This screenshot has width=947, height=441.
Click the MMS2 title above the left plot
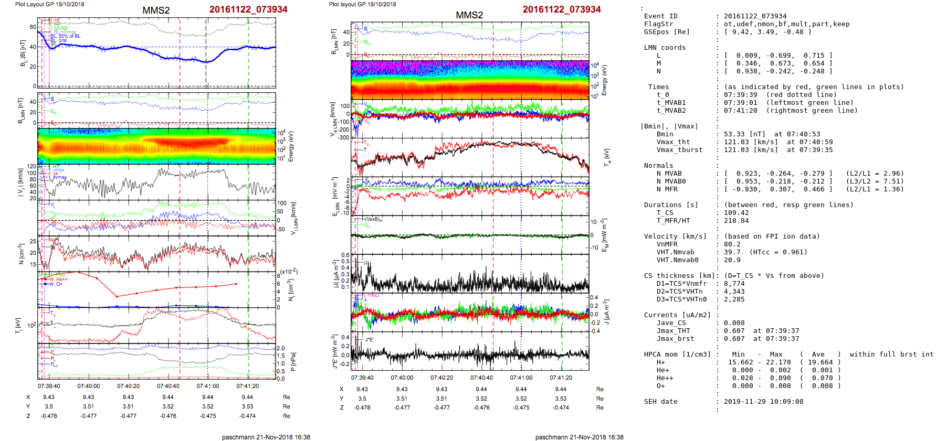click(x=156, y=10)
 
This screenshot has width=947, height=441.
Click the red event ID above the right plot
click(x=561, y=9)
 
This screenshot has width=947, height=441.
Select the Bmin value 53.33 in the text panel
click(x=734, y=134)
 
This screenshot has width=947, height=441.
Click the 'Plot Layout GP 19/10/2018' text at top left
click(x=49, y=4)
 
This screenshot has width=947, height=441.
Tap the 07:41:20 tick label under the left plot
click(x=247, y=386)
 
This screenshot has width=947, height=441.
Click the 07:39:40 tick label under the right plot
click(x=362, y=378)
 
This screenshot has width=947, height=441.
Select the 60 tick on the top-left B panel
click(x=33, y=27)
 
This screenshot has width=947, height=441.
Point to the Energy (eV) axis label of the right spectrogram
click(x=604, y=80)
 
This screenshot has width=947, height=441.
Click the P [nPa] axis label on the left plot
click(x=293, y=361)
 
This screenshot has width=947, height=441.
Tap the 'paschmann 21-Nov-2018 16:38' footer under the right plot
click(x=579, y=437)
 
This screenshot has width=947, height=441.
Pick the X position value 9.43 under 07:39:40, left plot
click(x=49, y=397)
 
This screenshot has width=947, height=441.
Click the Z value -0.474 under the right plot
click(x=561, y=407)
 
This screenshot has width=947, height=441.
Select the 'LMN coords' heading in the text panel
click(x=665, y=48)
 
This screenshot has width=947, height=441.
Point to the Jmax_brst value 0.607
click(x=734, y=339)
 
